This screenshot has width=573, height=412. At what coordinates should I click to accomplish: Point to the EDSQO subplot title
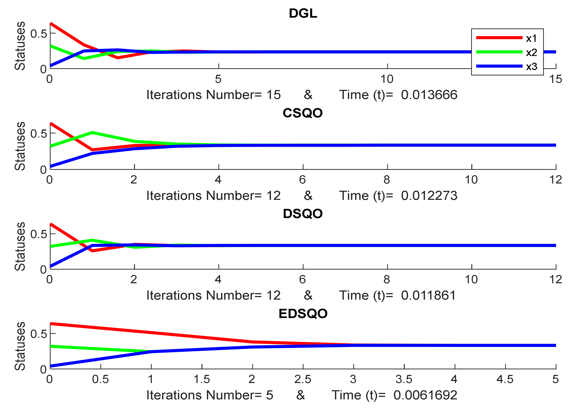pos(303,314)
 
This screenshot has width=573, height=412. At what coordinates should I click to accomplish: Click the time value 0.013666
pos(429,95)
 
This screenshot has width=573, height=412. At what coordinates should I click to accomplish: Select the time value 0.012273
pos(429,196)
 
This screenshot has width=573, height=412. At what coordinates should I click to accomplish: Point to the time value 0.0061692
pos(425,395)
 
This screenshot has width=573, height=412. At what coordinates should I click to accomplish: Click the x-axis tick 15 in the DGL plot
pos(556,79)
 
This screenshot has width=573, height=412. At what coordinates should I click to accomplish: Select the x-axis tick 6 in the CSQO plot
pos(302,180)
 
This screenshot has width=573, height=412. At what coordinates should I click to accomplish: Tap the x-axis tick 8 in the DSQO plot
pos(387,279)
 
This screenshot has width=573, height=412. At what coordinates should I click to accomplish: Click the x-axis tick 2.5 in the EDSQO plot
pos(303,379)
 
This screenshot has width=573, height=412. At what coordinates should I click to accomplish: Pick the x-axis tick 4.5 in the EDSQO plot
pos(505,379)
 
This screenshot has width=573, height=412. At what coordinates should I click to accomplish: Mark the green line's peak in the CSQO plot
pos(92,133)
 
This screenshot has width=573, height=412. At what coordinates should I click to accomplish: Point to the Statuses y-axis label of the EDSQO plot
pos(20,346)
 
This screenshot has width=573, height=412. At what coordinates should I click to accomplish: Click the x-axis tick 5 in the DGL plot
pos(218,79)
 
